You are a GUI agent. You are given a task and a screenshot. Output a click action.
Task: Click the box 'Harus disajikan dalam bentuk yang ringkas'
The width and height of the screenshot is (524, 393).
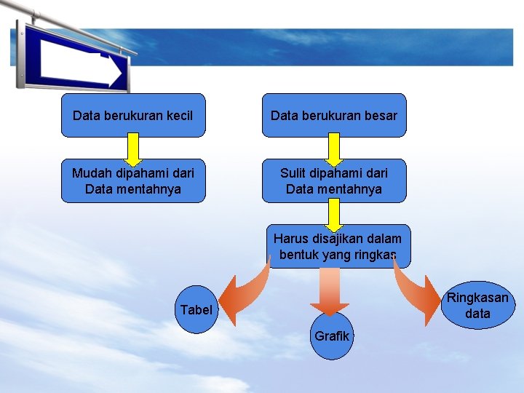pos(338,247)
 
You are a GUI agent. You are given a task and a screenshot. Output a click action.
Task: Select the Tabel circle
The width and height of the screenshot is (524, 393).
pos(196,310)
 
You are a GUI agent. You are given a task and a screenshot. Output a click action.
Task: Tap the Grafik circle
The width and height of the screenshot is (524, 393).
pos(332,336)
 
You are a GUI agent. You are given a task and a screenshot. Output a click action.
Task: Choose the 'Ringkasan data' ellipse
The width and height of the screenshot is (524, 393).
pos(477,306)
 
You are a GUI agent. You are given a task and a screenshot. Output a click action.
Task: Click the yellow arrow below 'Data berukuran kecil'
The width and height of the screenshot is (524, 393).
pos(133,148)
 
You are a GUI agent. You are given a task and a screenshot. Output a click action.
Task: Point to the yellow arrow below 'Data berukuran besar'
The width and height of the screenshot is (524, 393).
pos(333,148)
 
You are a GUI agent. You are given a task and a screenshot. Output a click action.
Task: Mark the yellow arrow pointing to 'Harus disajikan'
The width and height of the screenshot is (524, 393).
pos(333,215)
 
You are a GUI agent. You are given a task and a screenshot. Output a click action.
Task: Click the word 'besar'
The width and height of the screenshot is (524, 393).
pos(381,116)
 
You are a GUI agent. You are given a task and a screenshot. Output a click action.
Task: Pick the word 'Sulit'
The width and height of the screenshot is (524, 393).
pos(295,173)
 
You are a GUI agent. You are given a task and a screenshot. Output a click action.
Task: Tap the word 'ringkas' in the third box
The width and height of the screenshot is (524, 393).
pos(374,255)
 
